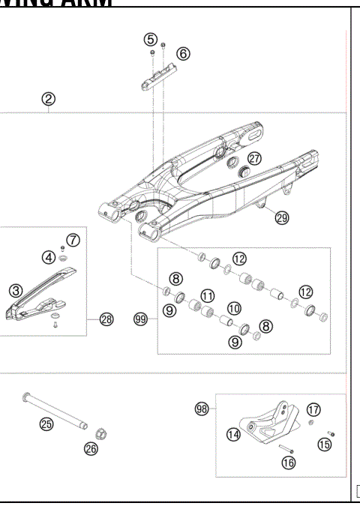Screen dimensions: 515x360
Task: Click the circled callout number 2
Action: point(49,97)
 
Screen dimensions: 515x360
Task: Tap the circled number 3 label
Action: point(15,289)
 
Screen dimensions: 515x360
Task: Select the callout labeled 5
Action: point(151,39)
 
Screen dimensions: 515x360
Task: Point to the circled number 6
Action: point(183,53)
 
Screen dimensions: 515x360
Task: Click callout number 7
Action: point(73,240)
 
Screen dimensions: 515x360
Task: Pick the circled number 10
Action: point(235,308)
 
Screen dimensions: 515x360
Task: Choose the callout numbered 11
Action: point(207,295)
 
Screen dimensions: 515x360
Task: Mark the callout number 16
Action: point(287,463)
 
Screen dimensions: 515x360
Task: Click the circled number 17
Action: point(313,409)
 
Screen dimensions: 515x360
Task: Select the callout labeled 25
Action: point(46,424)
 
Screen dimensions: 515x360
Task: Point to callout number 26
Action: point(91,449)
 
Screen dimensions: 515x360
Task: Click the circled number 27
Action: point(255,158)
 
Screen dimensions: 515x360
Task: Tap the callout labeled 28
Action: point(106,319)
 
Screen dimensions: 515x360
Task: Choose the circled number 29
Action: point(281,218)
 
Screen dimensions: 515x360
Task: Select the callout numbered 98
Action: point(200,409)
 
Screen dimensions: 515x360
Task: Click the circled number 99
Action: point(139,319)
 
